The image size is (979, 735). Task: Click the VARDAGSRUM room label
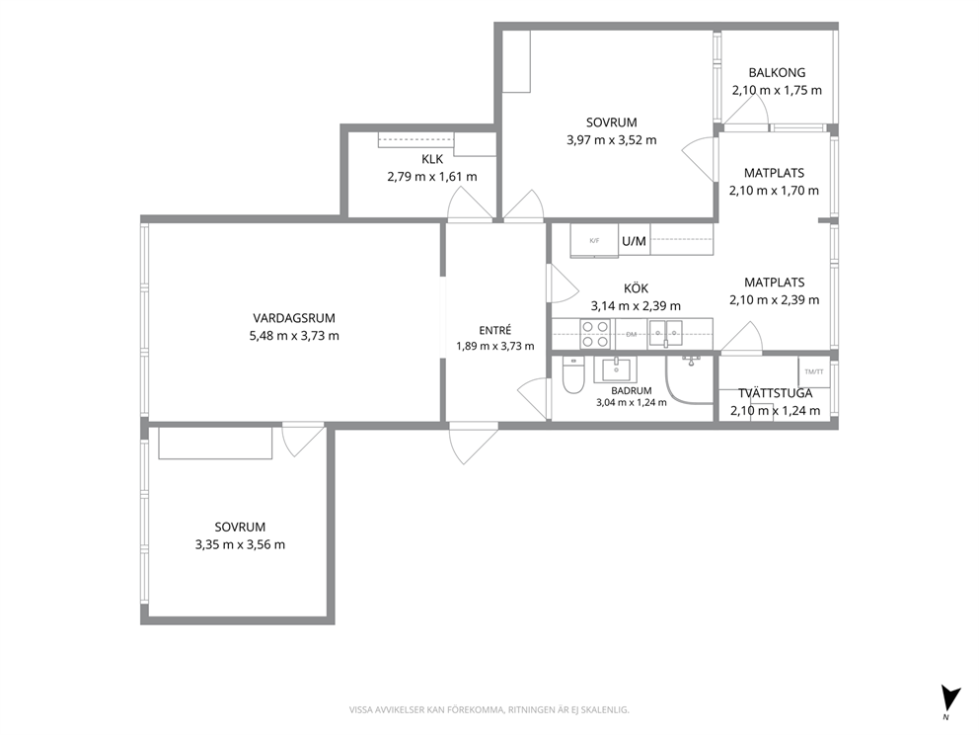point(294,318)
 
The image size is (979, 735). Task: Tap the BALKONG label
point(777,72)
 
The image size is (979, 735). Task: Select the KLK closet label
point(432,159)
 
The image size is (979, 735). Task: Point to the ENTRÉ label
point(495,331)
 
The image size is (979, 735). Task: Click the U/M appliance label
point(634,241)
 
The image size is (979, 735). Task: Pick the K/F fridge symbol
point(594,241)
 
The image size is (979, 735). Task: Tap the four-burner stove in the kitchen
point(595,334)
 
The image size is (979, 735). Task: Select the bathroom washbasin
point(618,370)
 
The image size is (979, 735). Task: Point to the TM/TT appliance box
point(814,371)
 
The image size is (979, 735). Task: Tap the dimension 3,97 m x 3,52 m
point(612,140)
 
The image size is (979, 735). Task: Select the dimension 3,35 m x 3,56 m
point(241,544)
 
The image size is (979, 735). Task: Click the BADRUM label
point(632,390)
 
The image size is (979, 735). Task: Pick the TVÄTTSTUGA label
point(776,393)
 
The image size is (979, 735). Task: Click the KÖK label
point(637,288)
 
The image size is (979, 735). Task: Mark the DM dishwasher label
point(632,334)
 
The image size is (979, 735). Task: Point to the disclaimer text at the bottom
point(489,710)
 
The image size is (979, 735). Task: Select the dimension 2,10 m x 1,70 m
point(774,191)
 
